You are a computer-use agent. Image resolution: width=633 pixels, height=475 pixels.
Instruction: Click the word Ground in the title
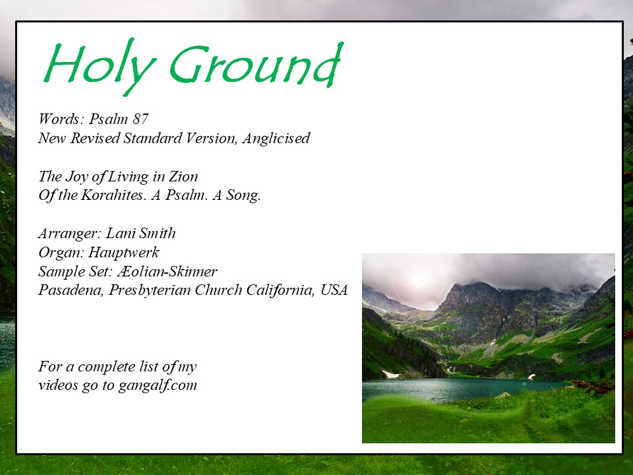tap(256, 65)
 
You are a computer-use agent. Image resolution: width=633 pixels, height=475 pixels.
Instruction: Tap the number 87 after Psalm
tap(140, 119)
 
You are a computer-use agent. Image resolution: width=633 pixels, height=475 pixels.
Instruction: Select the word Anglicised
tap(276, 138)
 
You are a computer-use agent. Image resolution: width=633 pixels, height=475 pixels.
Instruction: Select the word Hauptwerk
tap(123, 253)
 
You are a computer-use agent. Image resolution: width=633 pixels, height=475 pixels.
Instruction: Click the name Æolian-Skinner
tap(167, 271)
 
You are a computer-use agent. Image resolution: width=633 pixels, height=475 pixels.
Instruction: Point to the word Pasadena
tap(71, 290)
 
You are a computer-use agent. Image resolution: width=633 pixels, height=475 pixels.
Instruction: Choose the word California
tap(282, 290)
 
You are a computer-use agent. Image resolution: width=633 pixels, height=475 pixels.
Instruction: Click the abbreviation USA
tap(334, 290)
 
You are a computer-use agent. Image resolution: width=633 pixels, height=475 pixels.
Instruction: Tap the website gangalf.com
tap(158, 385)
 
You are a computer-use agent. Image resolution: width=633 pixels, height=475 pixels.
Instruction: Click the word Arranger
tap(70, 234)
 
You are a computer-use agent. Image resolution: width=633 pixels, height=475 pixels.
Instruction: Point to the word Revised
tap(95, 138)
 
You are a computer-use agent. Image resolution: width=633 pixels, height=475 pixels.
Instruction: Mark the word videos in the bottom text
tap(58, 385)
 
